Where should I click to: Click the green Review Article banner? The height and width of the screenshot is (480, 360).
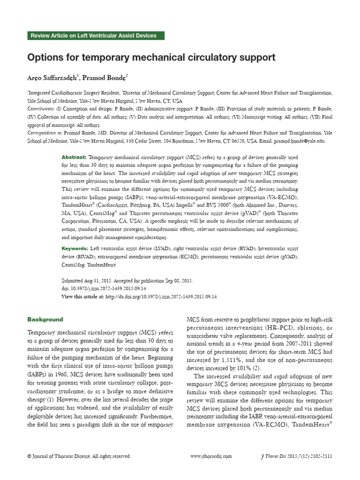(x=93, y=36)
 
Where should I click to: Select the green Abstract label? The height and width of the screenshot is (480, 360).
(x=74, y=157)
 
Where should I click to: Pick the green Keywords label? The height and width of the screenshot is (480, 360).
(x=75, y=247)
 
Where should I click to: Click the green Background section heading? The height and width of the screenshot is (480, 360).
(x=45, y=320)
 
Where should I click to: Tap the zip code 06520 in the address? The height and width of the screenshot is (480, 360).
(x=233, y=141)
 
